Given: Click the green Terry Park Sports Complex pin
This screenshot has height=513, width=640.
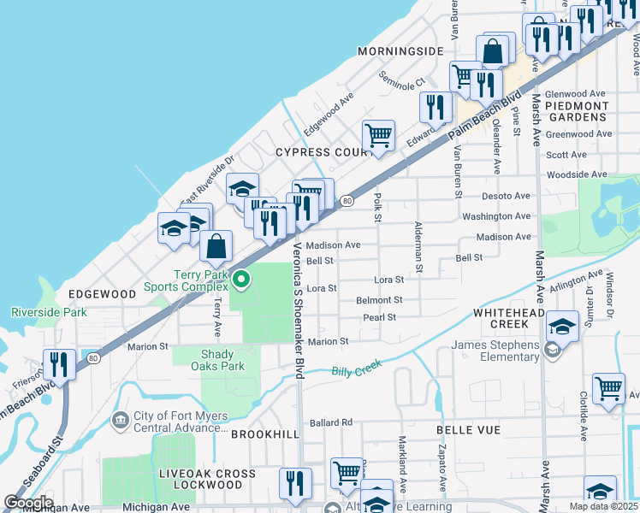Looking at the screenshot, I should coord(242,280).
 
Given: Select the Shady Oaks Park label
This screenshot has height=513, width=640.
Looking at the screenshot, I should coord(222,360).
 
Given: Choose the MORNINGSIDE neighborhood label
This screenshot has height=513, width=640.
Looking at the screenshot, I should coord(400,51).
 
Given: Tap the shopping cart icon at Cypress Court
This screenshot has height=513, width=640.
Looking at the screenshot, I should coord(377,136).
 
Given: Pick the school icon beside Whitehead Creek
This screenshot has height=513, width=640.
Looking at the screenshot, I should coord(562,327).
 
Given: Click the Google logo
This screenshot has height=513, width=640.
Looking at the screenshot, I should coord(27,503).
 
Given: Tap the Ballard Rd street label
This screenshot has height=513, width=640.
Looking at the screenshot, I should coord(331,422).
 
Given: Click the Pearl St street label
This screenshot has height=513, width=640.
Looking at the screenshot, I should coord(379,317).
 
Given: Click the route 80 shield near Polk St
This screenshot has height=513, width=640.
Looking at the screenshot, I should coord(346,201).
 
